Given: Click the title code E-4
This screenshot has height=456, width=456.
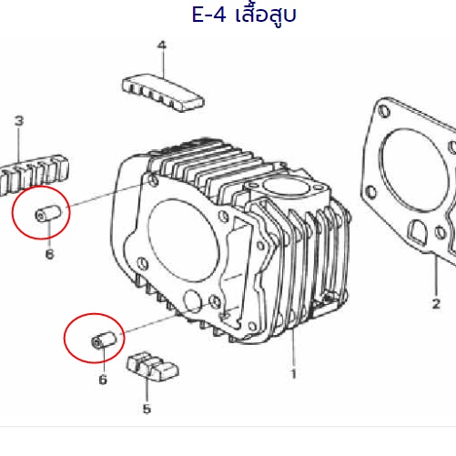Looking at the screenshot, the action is click(x=208, y=15).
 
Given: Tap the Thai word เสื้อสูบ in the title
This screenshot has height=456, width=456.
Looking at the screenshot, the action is click(x=266, y=15).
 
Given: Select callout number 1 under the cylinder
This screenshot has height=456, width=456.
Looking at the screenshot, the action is click(x=293, y=374).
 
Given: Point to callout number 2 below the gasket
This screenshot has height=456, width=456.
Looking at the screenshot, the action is click(x=436, y=304).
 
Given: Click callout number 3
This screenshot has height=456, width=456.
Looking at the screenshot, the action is click(x=19, y=121).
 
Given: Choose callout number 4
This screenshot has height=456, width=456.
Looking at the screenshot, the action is click(x=162, y=46).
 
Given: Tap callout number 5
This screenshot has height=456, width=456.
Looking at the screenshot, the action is click(x=147, y=409).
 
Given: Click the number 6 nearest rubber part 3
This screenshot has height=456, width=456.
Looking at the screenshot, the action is click(x=49, y=254).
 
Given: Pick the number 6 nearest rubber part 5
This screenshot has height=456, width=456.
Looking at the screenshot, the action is click(x=103, y=380).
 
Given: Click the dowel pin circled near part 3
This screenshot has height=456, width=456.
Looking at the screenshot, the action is click(x=48, y=213).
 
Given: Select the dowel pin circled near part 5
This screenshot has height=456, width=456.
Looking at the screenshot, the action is click(x=104, y=340).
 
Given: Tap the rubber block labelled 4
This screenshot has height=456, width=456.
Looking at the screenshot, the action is click(x=163, y=92).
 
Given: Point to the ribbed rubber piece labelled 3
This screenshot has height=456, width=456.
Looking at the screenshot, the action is click(x=34, y=175).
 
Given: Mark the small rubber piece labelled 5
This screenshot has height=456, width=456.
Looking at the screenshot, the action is click(x=152, y=367).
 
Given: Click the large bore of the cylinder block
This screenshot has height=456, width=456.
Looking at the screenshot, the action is click(x=184, y=240).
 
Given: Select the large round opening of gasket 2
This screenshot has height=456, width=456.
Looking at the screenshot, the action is click(x=413, y=170).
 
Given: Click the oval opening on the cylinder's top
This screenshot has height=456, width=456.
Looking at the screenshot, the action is click(x=285, y=187).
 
